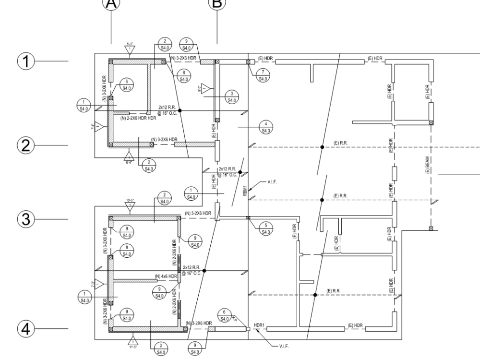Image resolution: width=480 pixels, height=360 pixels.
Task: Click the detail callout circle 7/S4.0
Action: click(263, 76)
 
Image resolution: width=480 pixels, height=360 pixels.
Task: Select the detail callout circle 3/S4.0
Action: click(232, 97)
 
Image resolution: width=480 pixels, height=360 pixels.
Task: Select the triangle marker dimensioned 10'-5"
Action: click(130, 206)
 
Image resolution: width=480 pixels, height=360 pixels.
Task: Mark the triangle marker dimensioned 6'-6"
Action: click(128, 156)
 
